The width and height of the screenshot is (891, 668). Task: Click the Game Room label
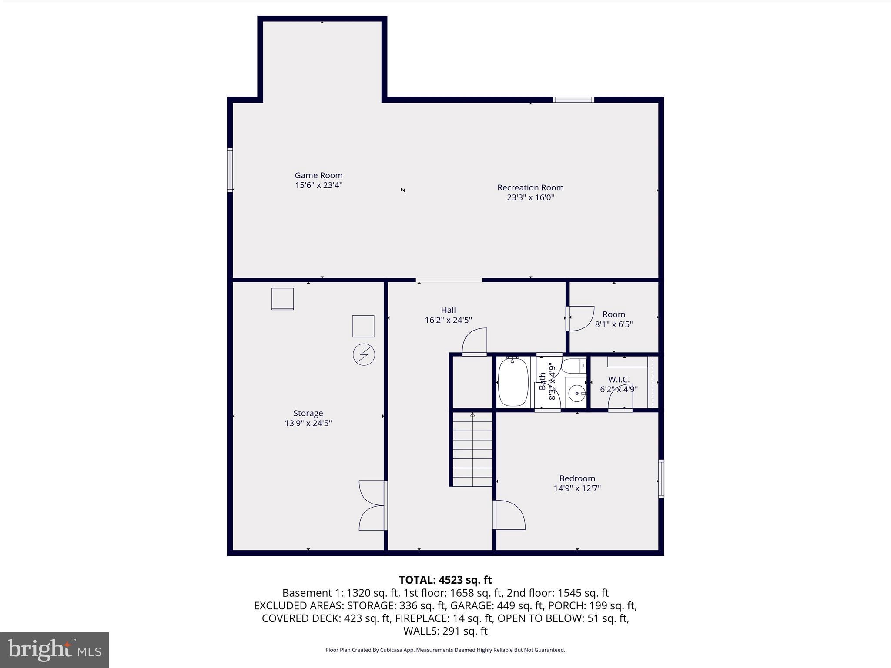click(x=318, y=176)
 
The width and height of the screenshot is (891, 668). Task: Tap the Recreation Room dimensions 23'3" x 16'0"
click(x=530, y=197)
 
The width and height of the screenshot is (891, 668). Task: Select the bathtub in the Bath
click(x=513, y=382)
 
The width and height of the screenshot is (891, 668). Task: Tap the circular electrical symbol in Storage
click(x=364, y=354)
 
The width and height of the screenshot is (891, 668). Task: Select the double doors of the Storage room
click(x=372, y=505)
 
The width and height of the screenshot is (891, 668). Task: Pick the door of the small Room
click(x=580, y=318)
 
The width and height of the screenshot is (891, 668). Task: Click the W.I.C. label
click(x=619, y=380)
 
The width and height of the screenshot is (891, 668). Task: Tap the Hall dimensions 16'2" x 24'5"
click(x=448, y=321)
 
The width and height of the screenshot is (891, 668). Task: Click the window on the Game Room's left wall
click(x=230, y=170)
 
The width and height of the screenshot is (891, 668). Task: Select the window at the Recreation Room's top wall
click(x=573, y=100)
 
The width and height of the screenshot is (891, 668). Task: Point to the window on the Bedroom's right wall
click(x=661, y=478)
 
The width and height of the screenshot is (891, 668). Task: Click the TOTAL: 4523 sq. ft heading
click(x=445, y=580)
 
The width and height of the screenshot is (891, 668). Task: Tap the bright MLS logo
click(x=54, y=650)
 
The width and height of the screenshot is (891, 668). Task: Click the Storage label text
click(x=308, y=413)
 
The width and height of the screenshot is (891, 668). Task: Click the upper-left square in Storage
click(x=282, y=299)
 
